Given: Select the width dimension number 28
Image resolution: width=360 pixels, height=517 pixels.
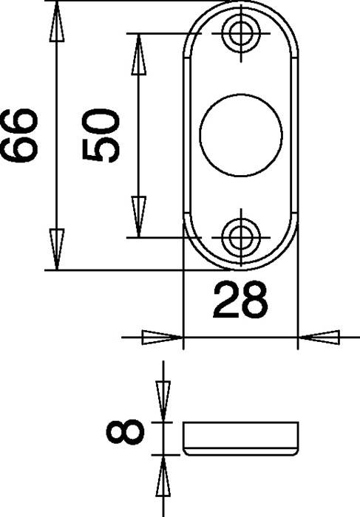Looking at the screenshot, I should (240, 301).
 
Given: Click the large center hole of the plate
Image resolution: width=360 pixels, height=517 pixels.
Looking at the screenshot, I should (240, 134).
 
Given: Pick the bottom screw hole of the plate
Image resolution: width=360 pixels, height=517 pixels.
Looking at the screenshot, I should (240, 236).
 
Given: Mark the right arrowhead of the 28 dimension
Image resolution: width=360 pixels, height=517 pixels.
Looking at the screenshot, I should (318, 338).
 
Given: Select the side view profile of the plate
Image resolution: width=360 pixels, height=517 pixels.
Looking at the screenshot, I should (241, 439).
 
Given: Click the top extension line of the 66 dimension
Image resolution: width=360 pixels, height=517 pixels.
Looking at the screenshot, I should (111, 1).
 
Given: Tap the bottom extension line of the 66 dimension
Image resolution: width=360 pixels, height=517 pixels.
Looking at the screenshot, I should (111, 270).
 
